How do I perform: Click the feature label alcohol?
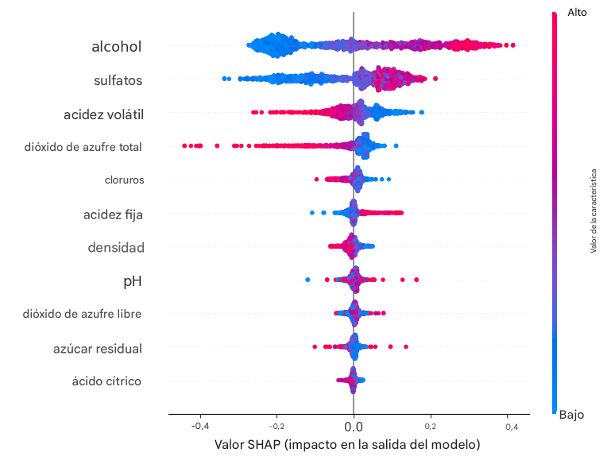[x=117, y=47]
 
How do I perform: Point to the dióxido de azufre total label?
[x=84, y=146]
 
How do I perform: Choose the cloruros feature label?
[x=124, y=180]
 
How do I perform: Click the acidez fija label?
[x=114, y=214]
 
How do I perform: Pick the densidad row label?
[x=116, y=248]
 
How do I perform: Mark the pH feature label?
[x=133, y=281]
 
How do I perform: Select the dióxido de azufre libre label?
[x=83, y=314]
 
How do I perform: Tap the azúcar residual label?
[x=98, y=348]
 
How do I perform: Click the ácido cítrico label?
[x=106, y=381]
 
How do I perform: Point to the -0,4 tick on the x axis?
[x=199, y=427]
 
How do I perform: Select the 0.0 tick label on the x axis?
[x=354, y=427]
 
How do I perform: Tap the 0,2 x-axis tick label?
[x=431, y=427]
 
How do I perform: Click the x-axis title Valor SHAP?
[x=347, y=445]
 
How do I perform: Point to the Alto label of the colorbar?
[x=577, y=12]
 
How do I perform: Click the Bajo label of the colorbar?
[x=572, y=414]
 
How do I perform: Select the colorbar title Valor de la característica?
[x=593, y=211]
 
